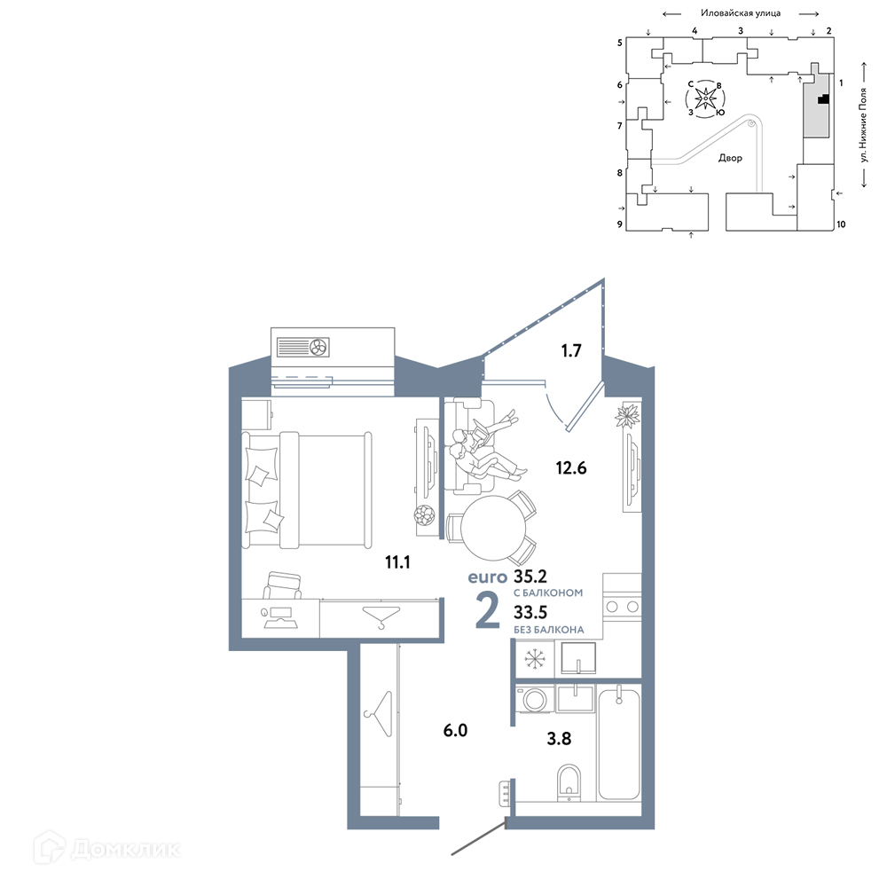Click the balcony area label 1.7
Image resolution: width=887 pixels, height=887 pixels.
point(570,350)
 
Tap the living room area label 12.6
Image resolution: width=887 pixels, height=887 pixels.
point(570,467)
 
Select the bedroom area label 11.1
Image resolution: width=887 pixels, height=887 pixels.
point(397,562)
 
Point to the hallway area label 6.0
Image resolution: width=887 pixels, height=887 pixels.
point(455,730)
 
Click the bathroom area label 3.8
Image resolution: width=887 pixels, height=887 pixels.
point(559,738)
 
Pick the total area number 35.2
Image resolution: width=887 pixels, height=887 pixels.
point(530,577)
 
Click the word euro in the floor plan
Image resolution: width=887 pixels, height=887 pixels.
point(488,577)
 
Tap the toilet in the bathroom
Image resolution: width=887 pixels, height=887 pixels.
point(569,782)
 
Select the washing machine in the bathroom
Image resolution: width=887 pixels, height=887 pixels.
point(534,699)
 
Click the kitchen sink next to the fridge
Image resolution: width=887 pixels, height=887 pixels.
point(578,658)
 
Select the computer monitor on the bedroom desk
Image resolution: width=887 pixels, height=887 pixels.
point(280,613)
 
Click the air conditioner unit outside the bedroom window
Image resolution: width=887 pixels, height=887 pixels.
point(303,347)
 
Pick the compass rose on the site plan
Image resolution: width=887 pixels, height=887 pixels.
point(705,98)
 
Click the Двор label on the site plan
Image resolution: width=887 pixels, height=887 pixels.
point(730,158)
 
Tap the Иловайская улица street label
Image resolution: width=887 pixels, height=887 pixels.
point(741,13)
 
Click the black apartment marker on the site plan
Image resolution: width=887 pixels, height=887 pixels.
point(824,99)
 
